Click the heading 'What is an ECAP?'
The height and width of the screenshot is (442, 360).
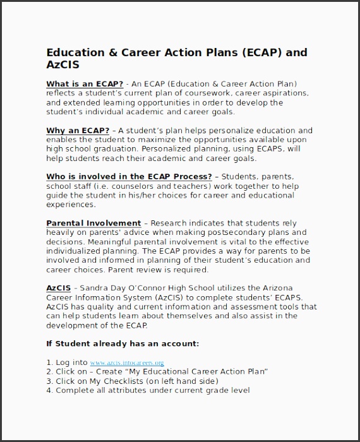[x=85, y=84]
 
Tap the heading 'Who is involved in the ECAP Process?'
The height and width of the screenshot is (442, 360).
[x=129, y=177]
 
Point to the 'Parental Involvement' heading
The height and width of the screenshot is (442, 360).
[x=93, y=223]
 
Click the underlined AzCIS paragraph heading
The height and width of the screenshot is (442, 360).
[x=58, y=288]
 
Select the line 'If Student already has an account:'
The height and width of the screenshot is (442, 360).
[x=123, y=343]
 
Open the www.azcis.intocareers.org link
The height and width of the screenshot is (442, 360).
[x=127, y=363]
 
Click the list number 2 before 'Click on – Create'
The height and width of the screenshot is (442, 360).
[x=49, y=372]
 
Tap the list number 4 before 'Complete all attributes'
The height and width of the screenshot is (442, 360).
[x=49, y=390]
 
